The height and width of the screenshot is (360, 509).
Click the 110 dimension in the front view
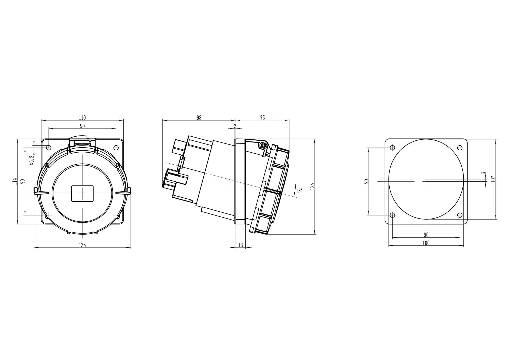[x=82, y=118]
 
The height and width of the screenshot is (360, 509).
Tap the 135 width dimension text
[x=82, y=245]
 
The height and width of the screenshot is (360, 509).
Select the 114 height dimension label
[x=15, y=181]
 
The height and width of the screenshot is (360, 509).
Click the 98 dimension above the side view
[x=199, y=118]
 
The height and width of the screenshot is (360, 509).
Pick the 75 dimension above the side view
[x=262, y=118]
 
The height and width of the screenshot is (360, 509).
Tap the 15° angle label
[x=299, y=191]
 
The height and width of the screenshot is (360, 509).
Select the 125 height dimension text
[x=313, y=186]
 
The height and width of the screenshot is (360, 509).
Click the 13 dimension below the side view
[x=241, y=245]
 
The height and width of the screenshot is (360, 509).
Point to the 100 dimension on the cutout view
[x=426, y=243]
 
